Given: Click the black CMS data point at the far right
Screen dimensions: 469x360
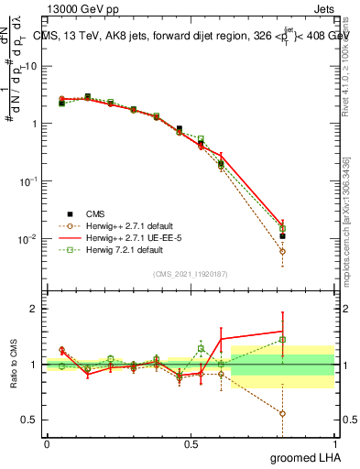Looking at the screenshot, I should point(282,235).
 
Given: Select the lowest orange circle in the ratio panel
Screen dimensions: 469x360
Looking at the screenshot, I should point(282,413).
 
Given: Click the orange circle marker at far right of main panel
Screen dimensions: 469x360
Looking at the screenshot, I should point(282,251).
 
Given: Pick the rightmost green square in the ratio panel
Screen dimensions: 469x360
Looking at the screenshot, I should point(282,339).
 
